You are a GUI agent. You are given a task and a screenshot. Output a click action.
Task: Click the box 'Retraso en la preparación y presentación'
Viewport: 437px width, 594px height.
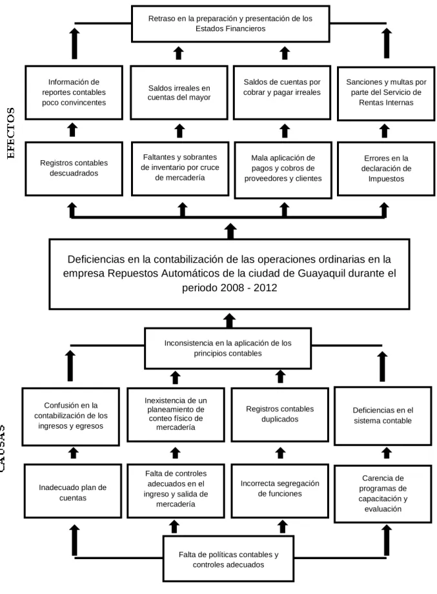[x=230, y=23]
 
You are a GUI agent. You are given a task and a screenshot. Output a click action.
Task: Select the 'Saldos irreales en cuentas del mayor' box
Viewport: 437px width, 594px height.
[x=179, y=92]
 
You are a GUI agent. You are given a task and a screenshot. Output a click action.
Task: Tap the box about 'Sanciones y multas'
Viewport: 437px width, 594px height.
[x=386, y=94]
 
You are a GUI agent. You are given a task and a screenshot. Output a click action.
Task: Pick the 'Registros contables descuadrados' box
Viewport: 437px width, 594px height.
[x=74, y=169]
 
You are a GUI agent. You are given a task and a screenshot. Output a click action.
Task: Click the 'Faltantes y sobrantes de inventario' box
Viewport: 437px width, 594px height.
[x=180, y=169]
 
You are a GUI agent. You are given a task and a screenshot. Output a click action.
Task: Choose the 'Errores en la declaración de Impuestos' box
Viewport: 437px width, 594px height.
[x=386, y=169]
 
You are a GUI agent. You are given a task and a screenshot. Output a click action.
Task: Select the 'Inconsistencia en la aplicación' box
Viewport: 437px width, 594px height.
[x=228, y=348]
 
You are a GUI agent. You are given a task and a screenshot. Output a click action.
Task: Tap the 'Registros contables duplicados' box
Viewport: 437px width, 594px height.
[x=280, y=415]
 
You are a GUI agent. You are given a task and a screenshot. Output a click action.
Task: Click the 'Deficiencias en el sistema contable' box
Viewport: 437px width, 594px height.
[x=383, y=416]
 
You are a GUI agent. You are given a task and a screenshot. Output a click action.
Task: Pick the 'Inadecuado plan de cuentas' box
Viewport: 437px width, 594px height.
[x=73, y=491]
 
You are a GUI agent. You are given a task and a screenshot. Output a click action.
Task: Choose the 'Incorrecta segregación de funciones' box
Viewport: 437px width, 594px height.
[x=280, y=491]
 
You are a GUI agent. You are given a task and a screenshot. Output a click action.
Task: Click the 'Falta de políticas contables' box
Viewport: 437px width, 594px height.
[x=229, y=558]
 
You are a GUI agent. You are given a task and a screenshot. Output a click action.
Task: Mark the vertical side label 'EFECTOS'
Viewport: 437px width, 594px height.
[x=11, y=134]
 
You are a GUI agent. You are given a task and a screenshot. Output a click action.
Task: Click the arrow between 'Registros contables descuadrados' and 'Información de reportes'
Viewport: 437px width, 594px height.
[x=72, y=130]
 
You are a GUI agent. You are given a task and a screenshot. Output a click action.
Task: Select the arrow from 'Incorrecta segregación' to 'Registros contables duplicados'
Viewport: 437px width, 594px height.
[x=280, y=453]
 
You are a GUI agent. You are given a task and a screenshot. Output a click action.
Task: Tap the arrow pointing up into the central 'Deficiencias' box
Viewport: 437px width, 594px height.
[x=229, y=320]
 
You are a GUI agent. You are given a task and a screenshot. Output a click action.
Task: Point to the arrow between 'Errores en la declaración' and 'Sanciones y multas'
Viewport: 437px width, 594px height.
[x=384, y=130]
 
